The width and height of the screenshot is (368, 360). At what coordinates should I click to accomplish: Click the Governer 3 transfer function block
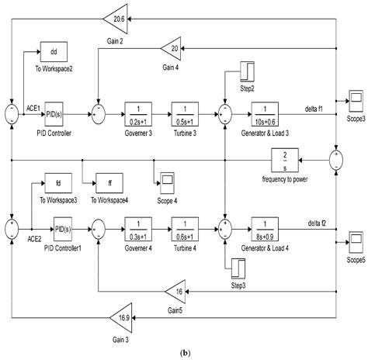pos(140,112)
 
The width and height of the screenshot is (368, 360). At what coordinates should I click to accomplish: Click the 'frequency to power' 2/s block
pos(286,161)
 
